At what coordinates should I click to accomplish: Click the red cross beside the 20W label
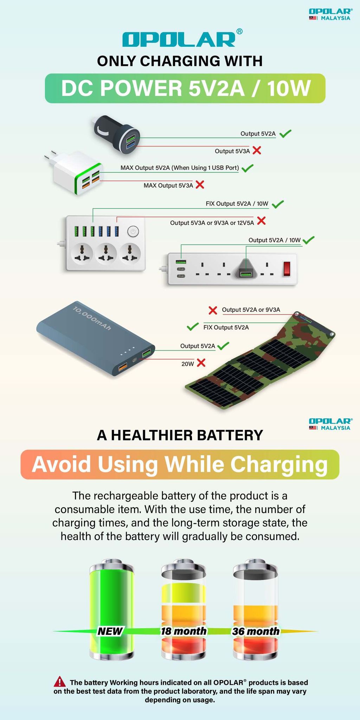[201, 363]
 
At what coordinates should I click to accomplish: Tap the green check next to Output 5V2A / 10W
[308, 240]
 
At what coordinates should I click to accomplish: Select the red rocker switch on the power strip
[287, 269]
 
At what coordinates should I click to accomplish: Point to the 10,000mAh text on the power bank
[92, 318]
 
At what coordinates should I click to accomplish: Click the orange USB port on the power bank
[123, 368]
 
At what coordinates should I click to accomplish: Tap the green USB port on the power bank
[147, 352]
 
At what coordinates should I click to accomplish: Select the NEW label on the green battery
[110, 631]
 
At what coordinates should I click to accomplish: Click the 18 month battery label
[184, 631]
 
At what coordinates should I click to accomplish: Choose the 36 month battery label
[256, 631]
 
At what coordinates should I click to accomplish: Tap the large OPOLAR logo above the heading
[179, 39]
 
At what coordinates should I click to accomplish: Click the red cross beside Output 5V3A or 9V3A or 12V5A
[261, 221]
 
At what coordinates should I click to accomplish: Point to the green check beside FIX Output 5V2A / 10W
[278, 204]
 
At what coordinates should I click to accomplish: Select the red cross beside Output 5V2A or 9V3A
[213, 310]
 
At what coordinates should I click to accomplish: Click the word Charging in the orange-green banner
[279, 464]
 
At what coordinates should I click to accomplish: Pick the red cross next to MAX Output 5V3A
[200, 185]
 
